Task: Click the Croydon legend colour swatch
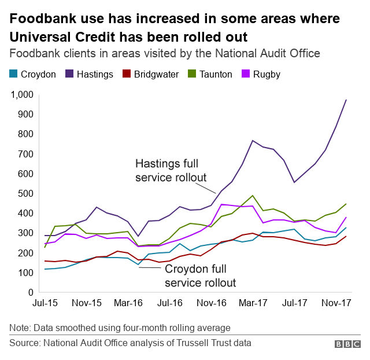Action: [13, 74]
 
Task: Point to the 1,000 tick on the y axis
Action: [21, 94]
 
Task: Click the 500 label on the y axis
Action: [26, 193]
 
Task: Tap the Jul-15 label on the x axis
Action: [45, 303]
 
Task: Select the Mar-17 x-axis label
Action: [253, 303]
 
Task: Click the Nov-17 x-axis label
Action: [336, 303]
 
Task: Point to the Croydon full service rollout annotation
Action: [199, 276]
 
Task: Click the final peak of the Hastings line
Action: [346, 100]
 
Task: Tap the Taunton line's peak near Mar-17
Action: [253, 196]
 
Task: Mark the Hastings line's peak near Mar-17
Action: [253, 141]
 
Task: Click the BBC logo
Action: [347, 344]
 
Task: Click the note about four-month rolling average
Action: [120, 328]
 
